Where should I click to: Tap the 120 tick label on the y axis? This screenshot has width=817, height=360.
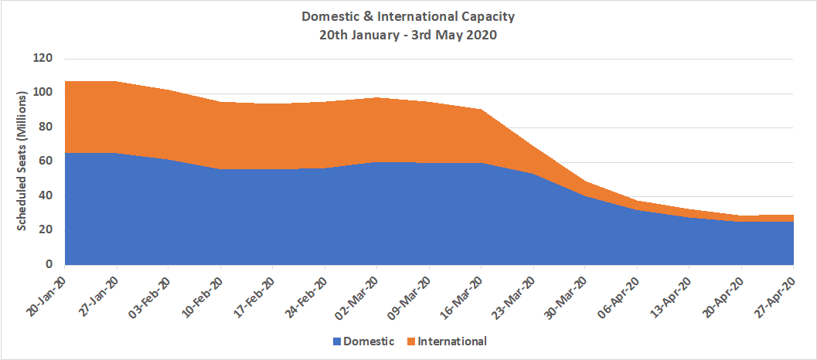click(43, 59)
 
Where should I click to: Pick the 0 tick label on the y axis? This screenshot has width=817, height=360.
click(49, 264)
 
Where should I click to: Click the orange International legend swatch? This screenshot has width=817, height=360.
click(410, 341)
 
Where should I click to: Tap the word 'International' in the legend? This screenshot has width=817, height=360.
click(452, 341)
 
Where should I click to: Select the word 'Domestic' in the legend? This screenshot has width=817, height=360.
click(369, 341)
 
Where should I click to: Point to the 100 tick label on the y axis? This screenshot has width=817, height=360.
click(43, 93)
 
